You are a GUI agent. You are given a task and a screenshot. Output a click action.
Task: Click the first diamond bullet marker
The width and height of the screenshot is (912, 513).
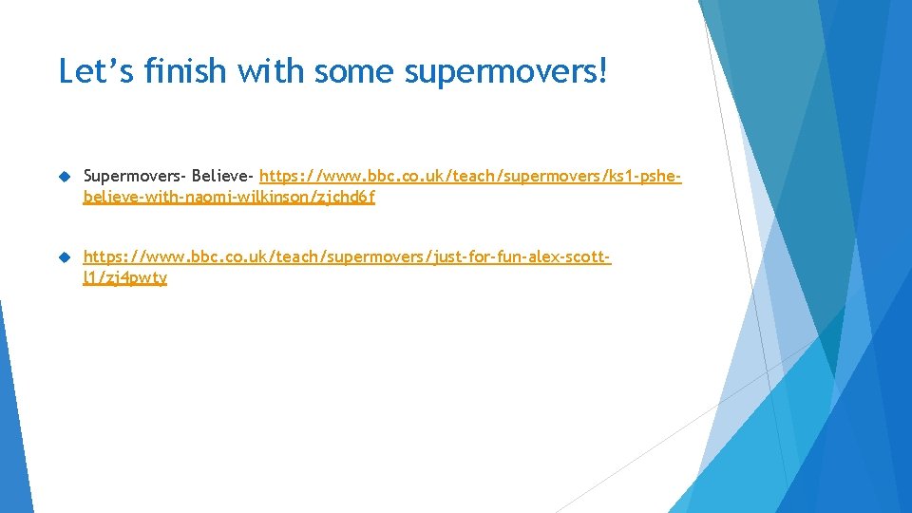[65, 177]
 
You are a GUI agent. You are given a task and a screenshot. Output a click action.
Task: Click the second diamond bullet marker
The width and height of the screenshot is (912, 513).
[65, 256]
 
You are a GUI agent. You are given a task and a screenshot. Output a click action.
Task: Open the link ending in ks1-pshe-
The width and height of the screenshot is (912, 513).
[470, 177]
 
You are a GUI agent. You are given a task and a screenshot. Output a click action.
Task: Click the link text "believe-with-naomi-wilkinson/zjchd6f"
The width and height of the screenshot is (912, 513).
[229, 199]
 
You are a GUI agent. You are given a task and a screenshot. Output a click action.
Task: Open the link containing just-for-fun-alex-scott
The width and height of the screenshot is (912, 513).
[347, 256]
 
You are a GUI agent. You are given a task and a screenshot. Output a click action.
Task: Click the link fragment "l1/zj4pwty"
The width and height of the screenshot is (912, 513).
[124, 278]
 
